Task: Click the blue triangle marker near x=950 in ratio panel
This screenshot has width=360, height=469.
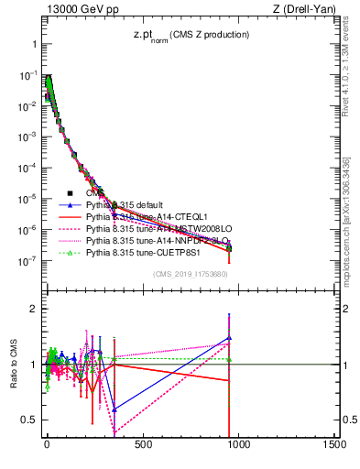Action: coord(228,337)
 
